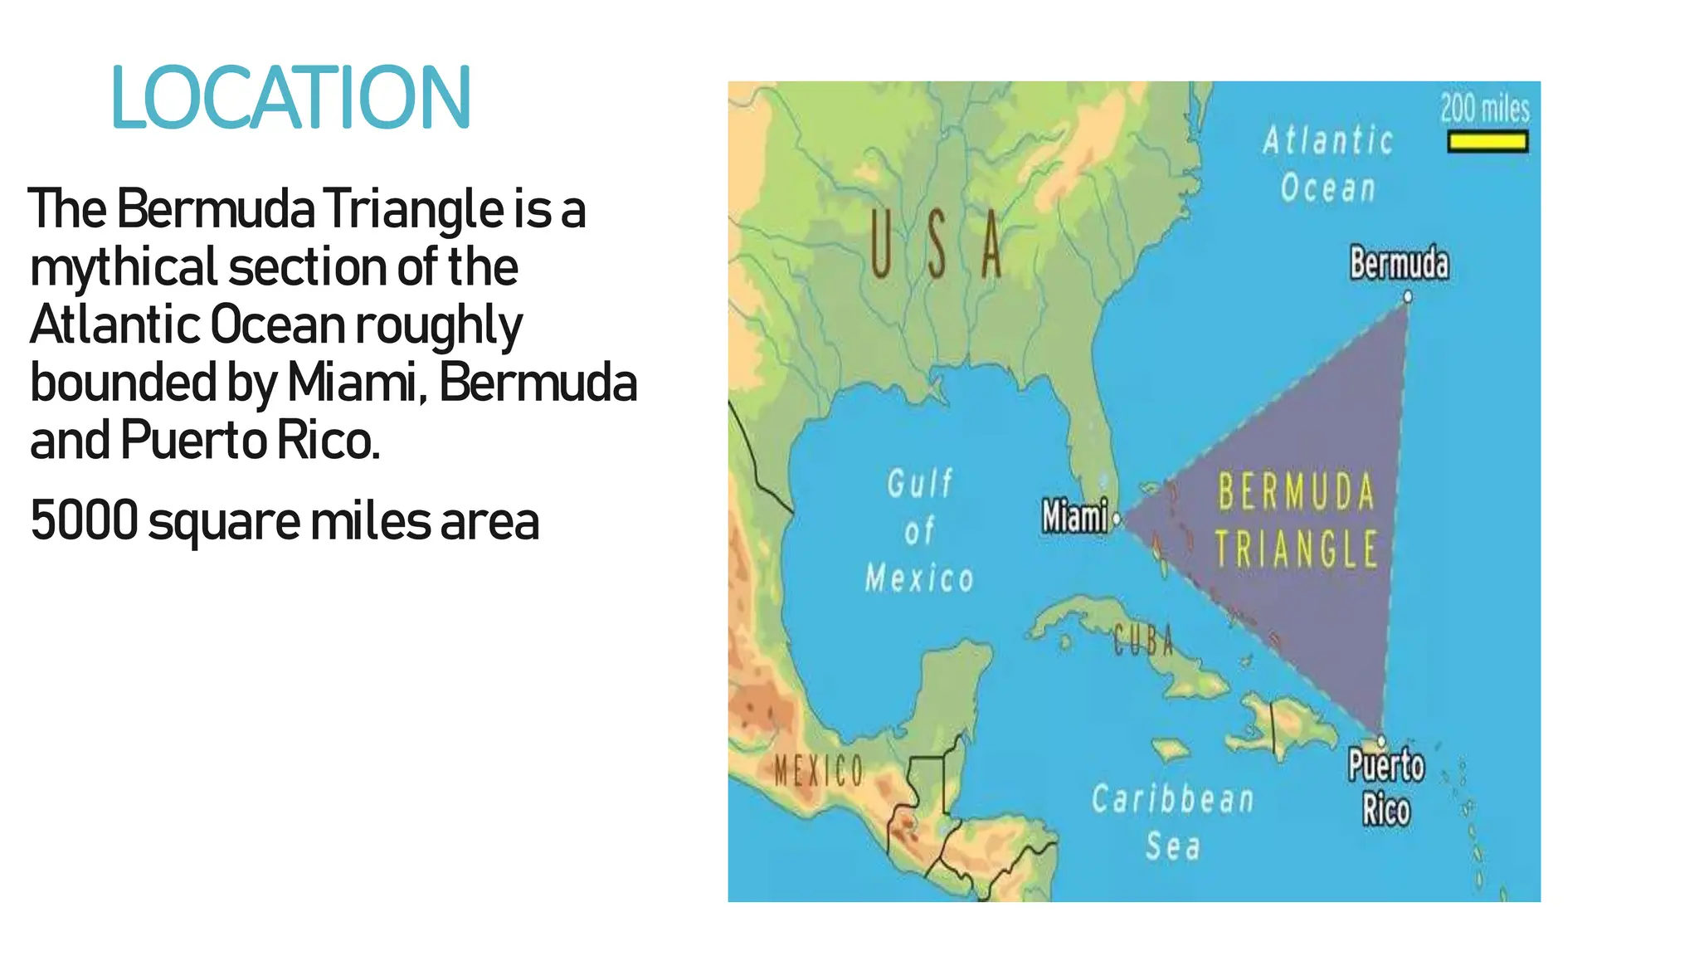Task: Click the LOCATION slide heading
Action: click(x=290, y=99)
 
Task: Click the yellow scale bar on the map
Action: click(x=1487, y=143)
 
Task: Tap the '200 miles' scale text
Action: click(x=1484, y=109)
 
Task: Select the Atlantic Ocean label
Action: click(x=1328, y=164)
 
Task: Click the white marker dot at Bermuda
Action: click(x=1408, y=296)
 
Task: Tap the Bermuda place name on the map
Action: click(x=1399, y=264)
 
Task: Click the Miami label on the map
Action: click(x=1074, y=516)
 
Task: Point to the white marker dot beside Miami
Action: click(x=1117, y=519)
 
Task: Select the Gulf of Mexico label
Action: click(x=919, y=530)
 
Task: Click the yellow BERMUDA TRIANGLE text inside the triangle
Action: click(x=1296, y=520)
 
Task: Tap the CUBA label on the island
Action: click(x=1143, y=640)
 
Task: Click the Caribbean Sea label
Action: click(x=1172, y=822)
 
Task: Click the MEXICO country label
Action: click(x=819, y=771)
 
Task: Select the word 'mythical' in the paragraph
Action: click(x=124, y=268)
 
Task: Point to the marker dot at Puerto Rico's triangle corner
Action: click(x=1381, y=740)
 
